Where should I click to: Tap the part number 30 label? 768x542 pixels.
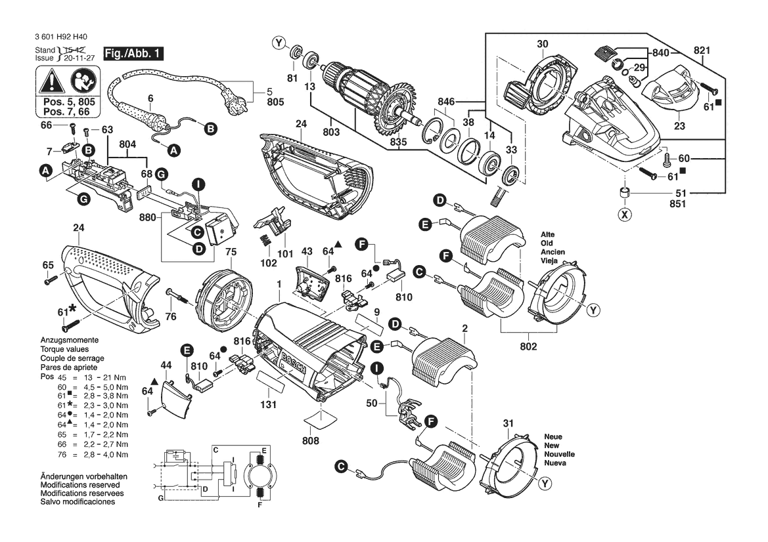pyautogui.click(x=542, y=45)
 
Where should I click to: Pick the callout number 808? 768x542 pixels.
pyautogui.click(x=311, y=441)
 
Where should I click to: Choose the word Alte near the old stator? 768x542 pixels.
pyautogui.click(x=548, y=234)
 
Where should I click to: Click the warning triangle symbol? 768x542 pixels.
pyautogui.click(x=51, y=83)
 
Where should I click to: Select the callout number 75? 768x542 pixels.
pyautogui.click(x=231, y=251)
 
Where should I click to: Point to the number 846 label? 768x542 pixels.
pyautogui.click(x=447, y=102)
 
